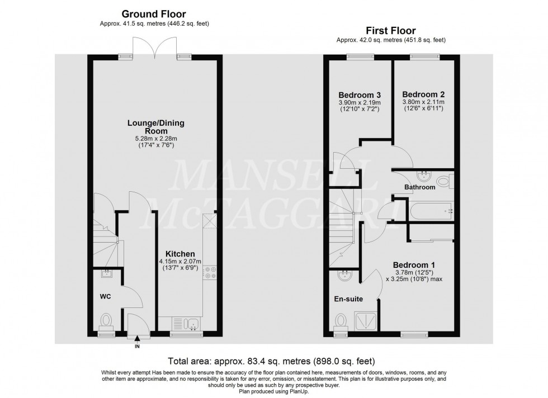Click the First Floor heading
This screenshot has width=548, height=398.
click(x=390, y=31)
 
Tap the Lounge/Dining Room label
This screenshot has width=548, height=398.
click(x=156, y=127)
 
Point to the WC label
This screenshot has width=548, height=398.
click(x=106, y=296)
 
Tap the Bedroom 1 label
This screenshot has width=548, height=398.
click(x=414, y=265)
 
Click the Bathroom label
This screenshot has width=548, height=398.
click(x=421, y=187)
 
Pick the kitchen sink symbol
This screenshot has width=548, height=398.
click(x=187, y=323)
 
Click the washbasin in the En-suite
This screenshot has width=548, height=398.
click(x=344, y=274)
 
